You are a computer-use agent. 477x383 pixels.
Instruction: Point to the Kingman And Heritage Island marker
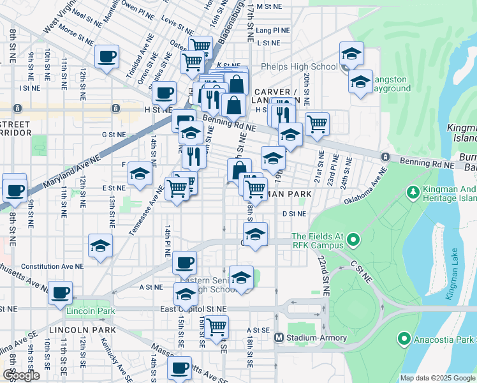click(412, 191)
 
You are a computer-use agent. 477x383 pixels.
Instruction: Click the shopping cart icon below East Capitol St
click(217, 326)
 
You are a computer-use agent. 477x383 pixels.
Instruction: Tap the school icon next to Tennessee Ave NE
click(140, 174)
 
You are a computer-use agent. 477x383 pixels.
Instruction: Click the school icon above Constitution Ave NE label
click(100, 245)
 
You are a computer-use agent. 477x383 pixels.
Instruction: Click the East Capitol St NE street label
click(193, 309)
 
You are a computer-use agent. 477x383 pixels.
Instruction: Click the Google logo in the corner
click(21, 375)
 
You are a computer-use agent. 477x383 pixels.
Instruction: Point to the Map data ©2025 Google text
click(437, 378)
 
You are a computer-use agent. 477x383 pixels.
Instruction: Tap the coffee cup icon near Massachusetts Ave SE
click(180, 368)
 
